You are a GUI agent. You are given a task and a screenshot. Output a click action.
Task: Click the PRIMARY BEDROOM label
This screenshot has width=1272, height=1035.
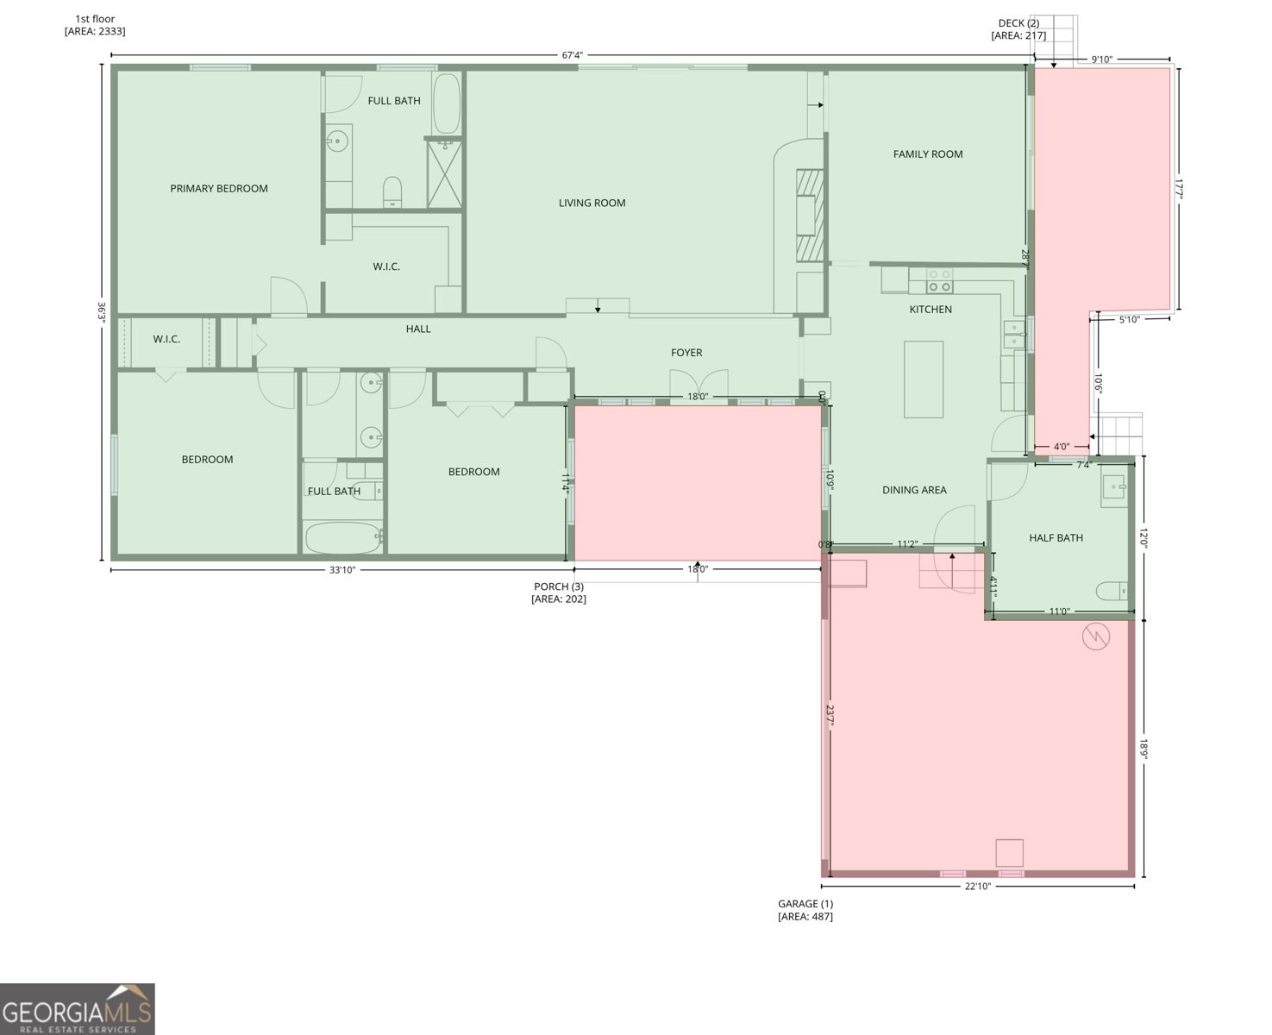[x=218, y=189]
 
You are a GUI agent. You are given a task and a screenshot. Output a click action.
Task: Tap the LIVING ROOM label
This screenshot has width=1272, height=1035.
[x=592, y=203]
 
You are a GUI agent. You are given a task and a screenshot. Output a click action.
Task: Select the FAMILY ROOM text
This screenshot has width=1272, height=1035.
[x=927, y=154]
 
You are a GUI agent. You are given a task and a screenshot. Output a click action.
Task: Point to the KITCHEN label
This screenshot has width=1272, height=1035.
[x=931, y=310]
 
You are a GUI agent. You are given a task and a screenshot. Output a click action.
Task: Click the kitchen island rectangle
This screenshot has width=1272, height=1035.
[x=924, y=379]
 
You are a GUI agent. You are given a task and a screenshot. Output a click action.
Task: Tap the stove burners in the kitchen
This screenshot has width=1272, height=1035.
[x=939, y=280]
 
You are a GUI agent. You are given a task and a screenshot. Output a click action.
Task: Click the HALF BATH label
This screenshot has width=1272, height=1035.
[x=1056, y=537]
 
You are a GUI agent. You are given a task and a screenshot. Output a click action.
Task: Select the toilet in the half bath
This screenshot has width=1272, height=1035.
[x=1112, y=591]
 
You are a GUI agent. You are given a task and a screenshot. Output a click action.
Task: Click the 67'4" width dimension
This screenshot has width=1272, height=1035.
[x=572, y=55]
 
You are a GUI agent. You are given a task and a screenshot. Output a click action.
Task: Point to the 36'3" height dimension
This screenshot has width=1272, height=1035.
[x=102, y=312]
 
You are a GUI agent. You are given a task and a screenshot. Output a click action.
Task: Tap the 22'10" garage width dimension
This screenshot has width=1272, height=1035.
[x=978, y=887]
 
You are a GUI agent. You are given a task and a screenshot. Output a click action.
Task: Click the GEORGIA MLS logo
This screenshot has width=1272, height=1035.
[x=77, y=1009]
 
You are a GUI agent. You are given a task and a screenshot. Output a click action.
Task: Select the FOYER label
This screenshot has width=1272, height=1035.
[x=686, y=353]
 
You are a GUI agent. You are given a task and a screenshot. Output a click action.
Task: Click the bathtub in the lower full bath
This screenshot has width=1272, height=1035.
[x=343, y=538]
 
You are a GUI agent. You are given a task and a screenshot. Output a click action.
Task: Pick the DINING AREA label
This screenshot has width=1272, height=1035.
[x=914, y=490]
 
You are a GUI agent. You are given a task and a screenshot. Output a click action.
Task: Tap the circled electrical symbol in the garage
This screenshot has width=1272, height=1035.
[x=1096, y=637]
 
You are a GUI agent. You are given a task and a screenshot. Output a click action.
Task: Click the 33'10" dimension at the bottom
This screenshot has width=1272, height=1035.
[x=342, y=570]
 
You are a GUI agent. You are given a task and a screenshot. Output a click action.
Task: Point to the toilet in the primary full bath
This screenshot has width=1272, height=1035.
[x=392, y=191]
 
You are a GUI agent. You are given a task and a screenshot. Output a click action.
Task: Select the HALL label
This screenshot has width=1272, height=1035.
[x=418, y=329]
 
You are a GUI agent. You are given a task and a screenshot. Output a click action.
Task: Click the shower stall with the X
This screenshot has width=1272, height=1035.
[x=444, y=174]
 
